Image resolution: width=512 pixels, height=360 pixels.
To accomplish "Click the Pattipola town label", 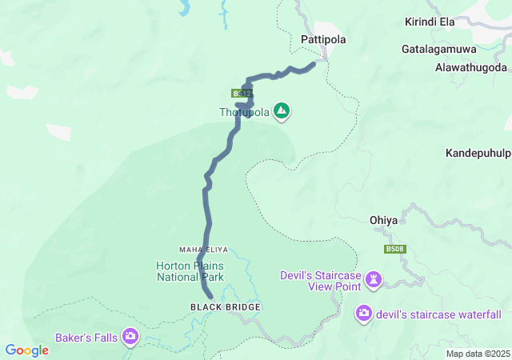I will pos(321,38).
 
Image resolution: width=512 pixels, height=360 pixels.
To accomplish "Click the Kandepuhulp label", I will pos(478,152).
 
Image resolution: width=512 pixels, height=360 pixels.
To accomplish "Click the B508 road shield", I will pos(393,250).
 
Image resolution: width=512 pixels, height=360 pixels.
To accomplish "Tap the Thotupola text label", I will pos(245,113).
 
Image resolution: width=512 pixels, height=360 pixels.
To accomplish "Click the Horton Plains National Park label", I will pos(190,271).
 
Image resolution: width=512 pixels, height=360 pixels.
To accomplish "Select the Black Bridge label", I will pos(226,307).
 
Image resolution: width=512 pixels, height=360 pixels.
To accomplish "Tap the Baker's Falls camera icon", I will pos(130,337).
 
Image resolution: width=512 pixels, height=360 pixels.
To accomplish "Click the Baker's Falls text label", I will pos(86,338).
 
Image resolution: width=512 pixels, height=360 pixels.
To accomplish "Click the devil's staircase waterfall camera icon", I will pos(364,313).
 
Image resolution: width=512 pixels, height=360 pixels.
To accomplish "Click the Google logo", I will pos(26,350).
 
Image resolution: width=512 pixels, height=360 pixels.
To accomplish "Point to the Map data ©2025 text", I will pos(478,354).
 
